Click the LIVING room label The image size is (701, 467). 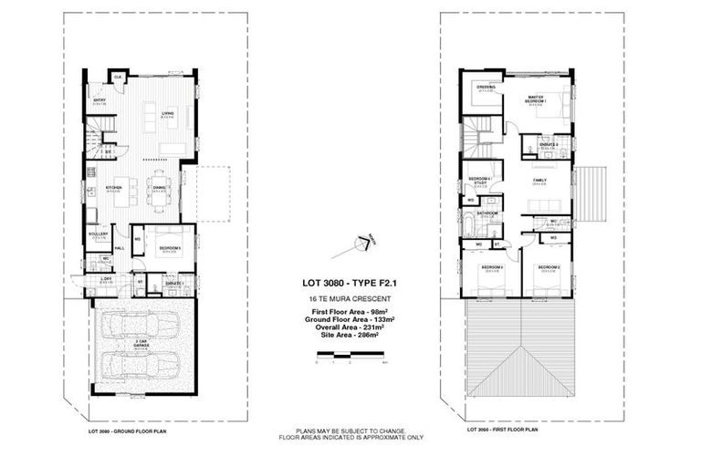tap(167, 113)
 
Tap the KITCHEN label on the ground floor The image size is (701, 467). tap(113, 188)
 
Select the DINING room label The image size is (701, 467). tap(159, 188)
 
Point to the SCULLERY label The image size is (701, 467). tap(99, 233)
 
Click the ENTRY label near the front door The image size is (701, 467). tap(99, 100)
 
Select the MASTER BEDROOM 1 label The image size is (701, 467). tap(536, 99)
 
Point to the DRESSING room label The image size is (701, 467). tap(486, 88)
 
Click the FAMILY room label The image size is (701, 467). tap(540, 181)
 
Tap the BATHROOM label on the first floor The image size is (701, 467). tap(486, 213)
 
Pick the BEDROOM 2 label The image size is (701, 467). tap(548, 266)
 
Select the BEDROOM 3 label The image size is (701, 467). tap(494, 266)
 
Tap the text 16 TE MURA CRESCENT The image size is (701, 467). tap(350, 298)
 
